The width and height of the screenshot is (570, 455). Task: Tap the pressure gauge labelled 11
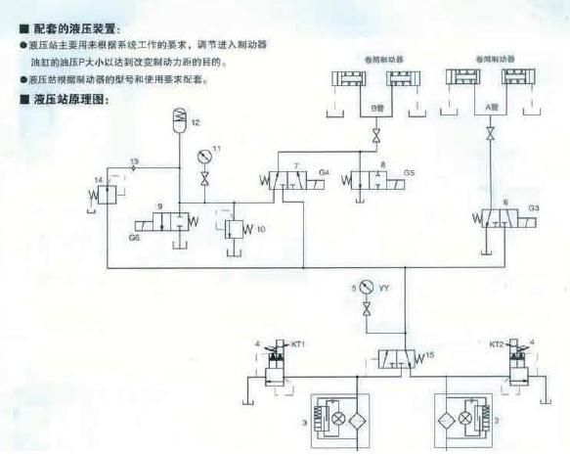pyautogui.click(x=203, y=156)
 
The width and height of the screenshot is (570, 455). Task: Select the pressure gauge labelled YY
pyautogui.click(x=366, y=288)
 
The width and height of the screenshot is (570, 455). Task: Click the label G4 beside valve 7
pyautogui.click(x=325, y=173)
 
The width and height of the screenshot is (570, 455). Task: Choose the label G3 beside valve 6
pyautogui.click(x=534, y=208)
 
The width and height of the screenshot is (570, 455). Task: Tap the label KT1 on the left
pyautogui.click(x=298, y=343)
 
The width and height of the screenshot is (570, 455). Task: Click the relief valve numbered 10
pyautogui.click(x=235, y=230)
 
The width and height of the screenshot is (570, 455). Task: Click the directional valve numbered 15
pyautogui.click(x=398, y=357)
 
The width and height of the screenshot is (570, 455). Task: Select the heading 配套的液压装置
pyautogui.click(x=83, y=31)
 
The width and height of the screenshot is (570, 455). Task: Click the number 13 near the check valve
pyautogui.click(x=134, y=159)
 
